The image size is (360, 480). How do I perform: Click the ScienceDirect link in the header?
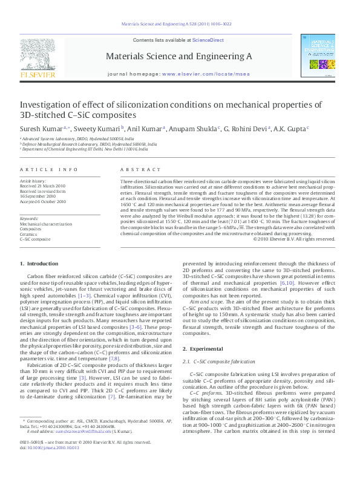pos(208,40)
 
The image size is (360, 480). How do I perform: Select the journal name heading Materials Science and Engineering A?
pos(178,56)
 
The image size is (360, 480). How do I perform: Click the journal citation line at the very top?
pos(176,25)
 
